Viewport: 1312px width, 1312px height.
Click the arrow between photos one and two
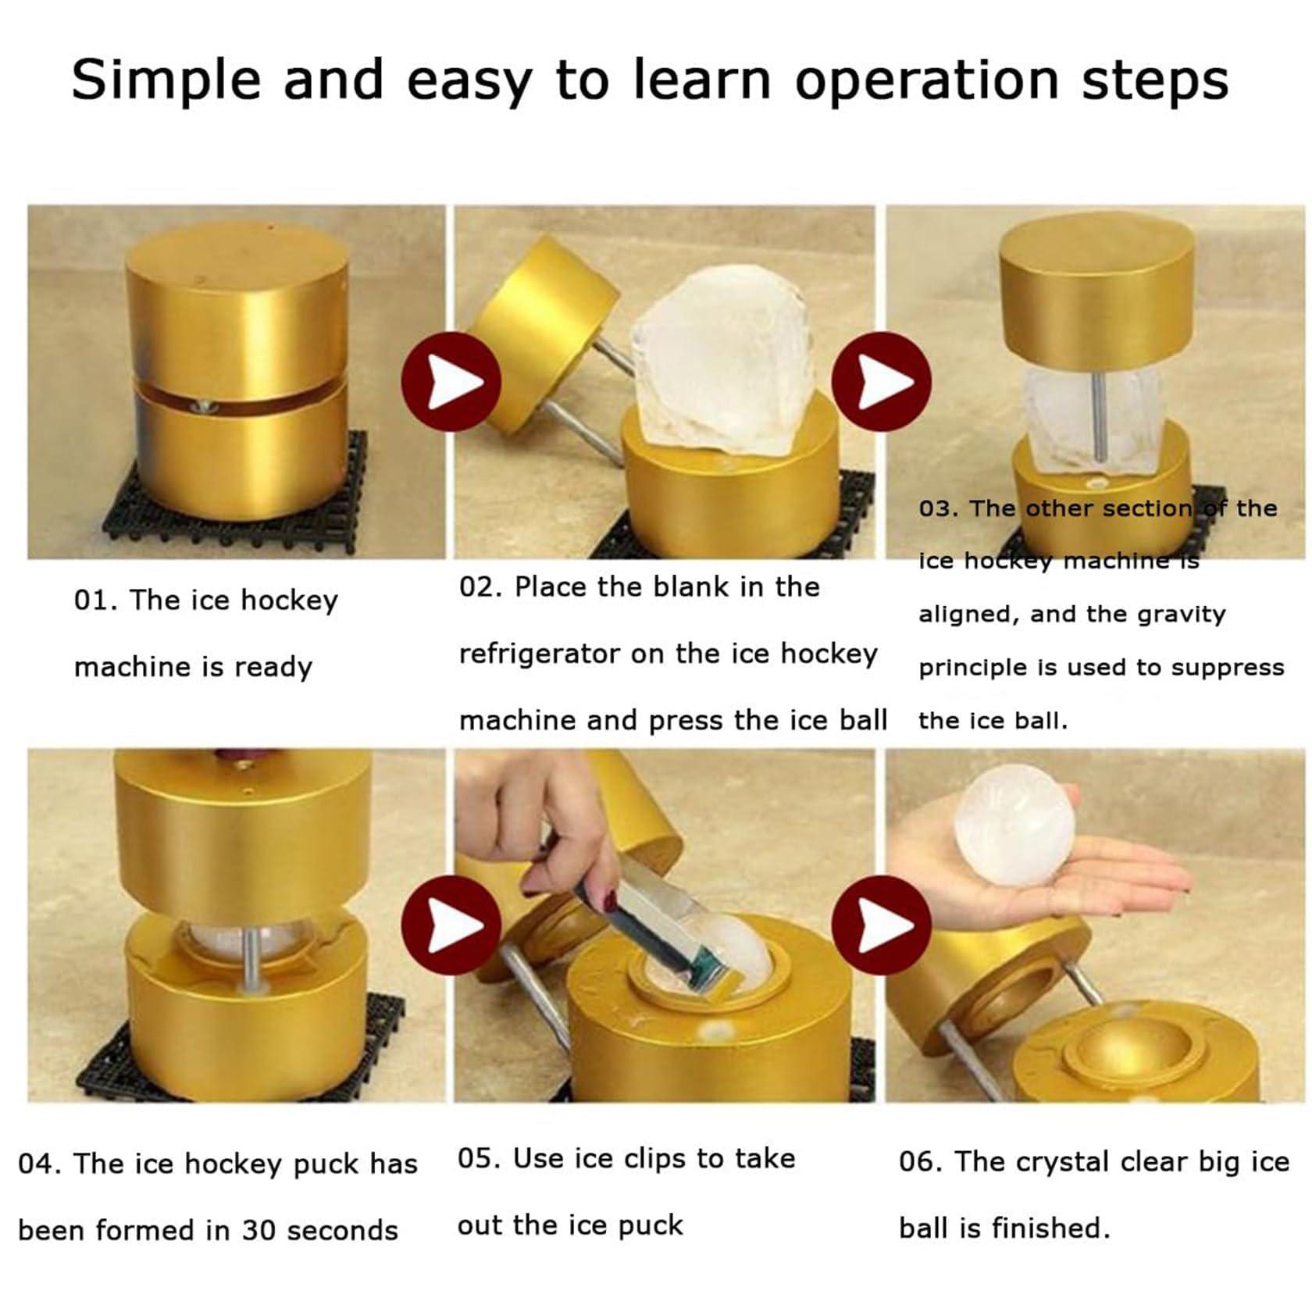click(451, 381)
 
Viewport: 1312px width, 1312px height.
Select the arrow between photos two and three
click(881, 381)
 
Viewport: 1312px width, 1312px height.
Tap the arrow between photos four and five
click(451, 925)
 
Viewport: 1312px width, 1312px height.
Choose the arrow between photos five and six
click(881, 925)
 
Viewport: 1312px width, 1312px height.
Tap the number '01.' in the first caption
click(94, 601)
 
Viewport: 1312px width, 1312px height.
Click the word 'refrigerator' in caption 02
click(539, 654)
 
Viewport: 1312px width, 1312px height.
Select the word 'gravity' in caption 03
click(1181, 615)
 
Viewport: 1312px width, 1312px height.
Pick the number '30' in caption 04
click(258, 1231)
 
